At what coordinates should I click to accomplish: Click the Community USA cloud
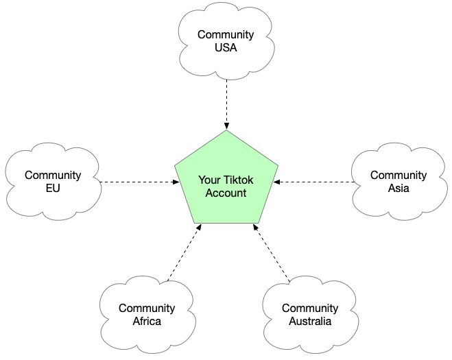pos(226,41)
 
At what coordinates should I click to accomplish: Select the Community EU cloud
pos(53,182)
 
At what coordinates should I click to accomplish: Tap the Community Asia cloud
pos(399,182)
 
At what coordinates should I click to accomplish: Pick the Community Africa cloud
pos(147,315)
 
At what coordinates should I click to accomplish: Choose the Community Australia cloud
pos(311,315)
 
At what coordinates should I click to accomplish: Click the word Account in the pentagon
pos(226,193)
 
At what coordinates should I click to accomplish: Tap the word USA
pos(226,47)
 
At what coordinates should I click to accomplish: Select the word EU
pos(53,188)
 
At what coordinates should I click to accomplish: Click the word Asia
pos(399,188)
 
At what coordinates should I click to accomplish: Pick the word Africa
pos(147,321)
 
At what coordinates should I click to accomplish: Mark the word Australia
pos(310,321)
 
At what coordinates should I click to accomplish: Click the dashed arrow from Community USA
pos(226,105)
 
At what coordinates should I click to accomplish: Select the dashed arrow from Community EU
pos(139,182)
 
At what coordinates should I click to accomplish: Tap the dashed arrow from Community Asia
pos(314,182)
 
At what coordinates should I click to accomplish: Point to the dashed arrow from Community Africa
pos(185,253)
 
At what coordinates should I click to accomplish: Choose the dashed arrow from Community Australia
pos(271,253)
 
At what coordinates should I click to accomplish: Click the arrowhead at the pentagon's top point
pos(226,126)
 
